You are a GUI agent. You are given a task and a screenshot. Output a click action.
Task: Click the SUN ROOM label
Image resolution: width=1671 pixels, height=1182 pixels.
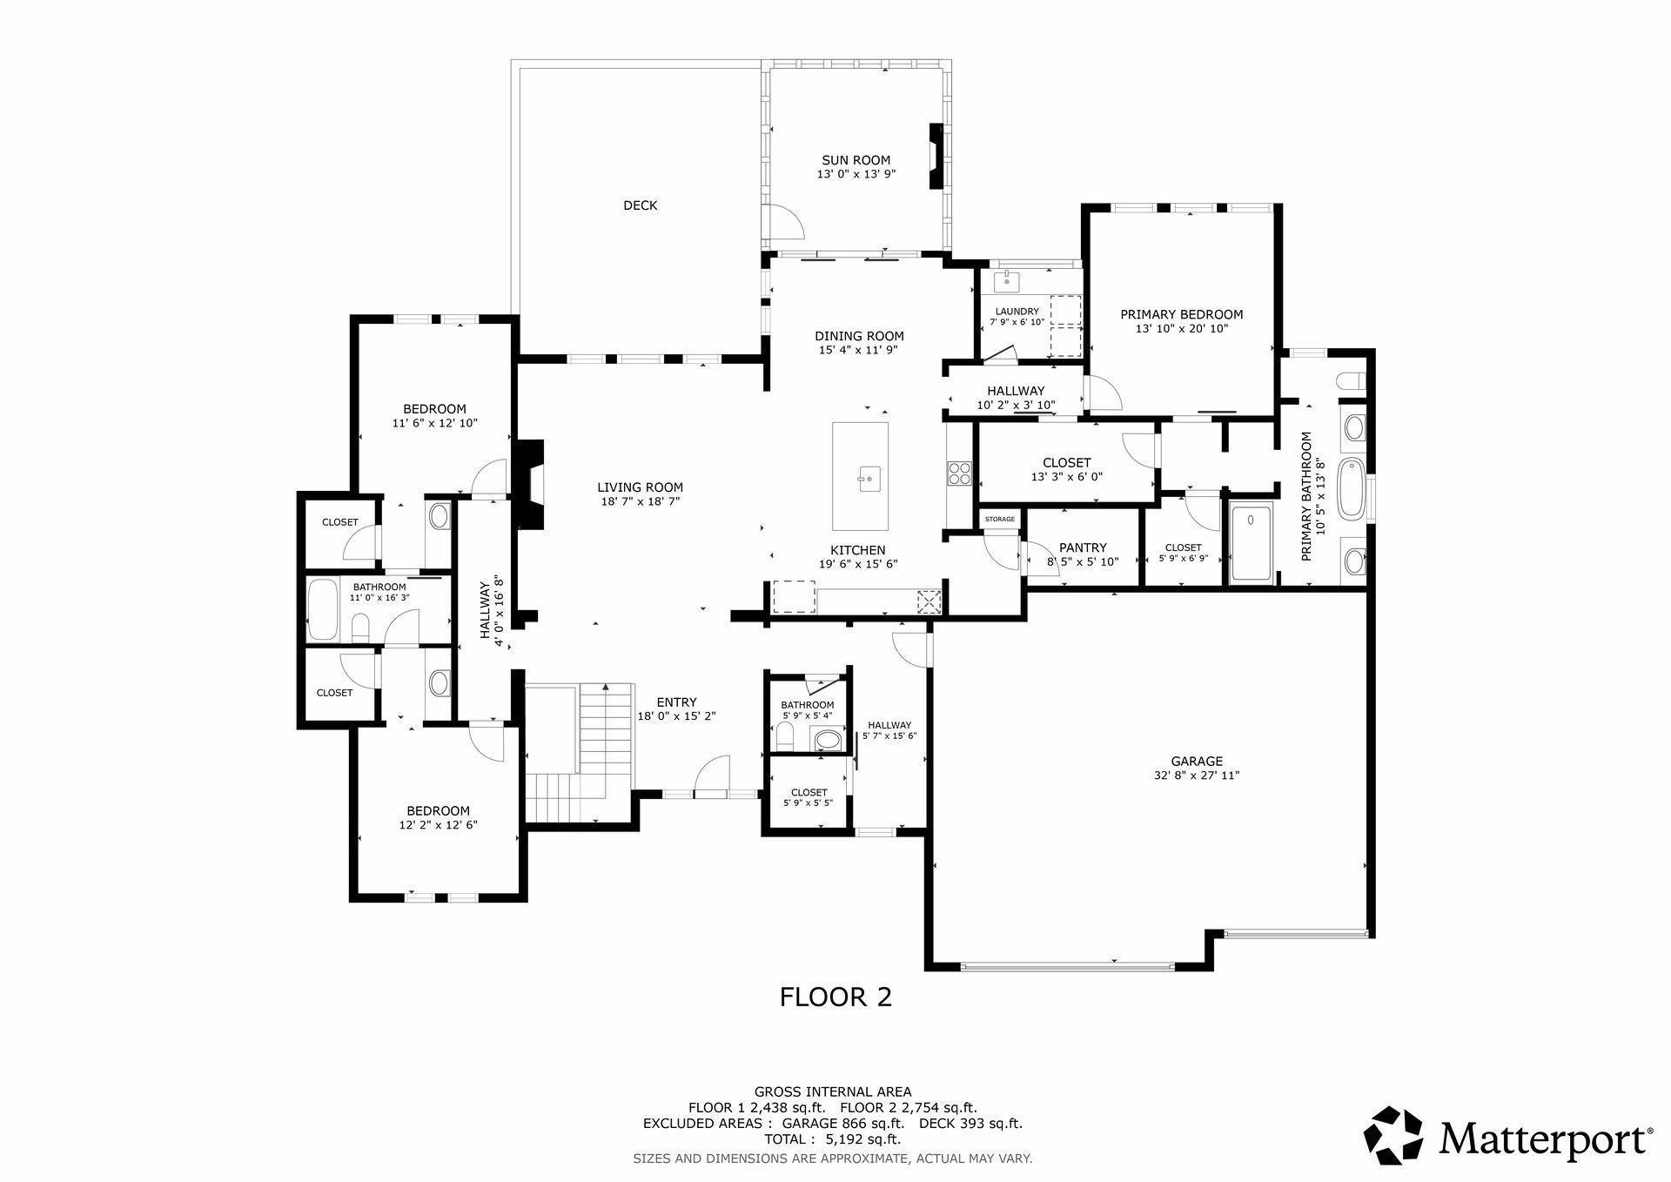coord(856,160)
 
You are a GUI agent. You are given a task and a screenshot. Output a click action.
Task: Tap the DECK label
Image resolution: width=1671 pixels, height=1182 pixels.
coord(640,205)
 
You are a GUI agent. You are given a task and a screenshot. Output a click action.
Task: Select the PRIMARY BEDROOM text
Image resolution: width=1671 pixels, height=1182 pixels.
coord(1181,314)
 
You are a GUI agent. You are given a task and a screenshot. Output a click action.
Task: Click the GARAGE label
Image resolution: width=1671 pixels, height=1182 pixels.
coord(1197,761)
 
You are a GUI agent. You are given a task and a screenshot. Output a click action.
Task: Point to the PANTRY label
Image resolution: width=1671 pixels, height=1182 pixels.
coord(1083,547)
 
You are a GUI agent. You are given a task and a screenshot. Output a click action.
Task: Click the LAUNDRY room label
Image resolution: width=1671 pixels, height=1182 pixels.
coord(1017,312)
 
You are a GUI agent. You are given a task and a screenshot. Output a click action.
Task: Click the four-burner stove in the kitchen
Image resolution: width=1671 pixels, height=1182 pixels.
coord(959,473)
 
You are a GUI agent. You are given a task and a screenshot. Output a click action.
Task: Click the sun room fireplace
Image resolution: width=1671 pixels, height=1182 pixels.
coord(936,157)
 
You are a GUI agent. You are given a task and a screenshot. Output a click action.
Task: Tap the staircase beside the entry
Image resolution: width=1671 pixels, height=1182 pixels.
coord(580,753)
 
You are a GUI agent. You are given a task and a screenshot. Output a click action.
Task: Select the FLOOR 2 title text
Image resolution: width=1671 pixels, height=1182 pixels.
coord(835,997)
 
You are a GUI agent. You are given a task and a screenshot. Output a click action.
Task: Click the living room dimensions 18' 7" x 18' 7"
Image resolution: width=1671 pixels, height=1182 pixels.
coord(640,501)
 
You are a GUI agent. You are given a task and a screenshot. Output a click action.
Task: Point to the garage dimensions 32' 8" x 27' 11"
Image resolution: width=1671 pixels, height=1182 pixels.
coord(1197,775)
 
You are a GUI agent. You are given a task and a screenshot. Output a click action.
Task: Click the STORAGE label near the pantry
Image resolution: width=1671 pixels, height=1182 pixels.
coord(1000,520)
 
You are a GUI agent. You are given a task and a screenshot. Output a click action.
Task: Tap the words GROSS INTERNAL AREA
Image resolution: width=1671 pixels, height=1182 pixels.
coord(833,1091)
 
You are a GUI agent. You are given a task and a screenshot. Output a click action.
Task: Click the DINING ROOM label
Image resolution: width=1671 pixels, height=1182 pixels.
coord(859,336)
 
